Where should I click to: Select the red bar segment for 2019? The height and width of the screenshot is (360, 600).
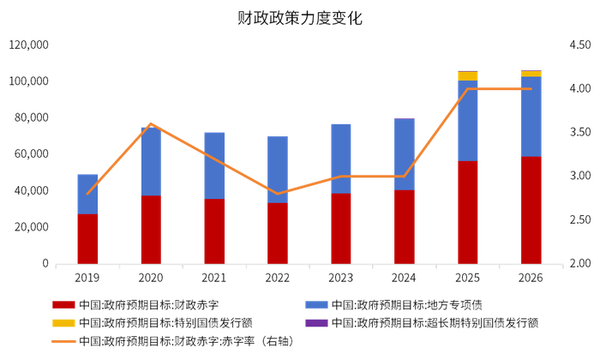pos(87,238)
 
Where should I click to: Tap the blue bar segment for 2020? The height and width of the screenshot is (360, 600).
pos(151,161)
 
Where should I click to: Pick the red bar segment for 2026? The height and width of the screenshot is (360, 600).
pos(531,210)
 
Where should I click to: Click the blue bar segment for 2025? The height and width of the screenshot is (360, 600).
pos(467,121)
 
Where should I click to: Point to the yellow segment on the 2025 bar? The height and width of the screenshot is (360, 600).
pos(467,76)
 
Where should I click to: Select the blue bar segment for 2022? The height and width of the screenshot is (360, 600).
pos(278,170)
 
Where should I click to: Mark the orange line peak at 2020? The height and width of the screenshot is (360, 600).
pos(151,123)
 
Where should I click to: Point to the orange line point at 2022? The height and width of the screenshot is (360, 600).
pos(278,194)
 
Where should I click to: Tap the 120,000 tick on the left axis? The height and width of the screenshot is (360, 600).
pos(28,45)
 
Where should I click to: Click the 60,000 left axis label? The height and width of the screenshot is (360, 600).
pos(31,154)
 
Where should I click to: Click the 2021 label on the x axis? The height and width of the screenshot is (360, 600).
pos(214,278)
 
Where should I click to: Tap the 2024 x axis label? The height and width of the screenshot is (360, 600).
pos(404,278)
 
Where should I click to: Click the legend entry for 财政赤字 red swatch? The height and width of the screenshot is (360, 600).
pos(63,304)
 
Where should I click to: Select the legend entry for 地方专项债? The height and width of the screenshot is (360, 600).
pos(317,304)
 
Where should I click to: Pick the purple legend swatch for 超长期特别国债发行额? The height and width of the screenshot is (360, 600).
pos(317,323)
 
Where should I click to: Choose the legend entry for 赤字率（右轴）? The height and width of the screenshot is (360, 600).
pos(63,341)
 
